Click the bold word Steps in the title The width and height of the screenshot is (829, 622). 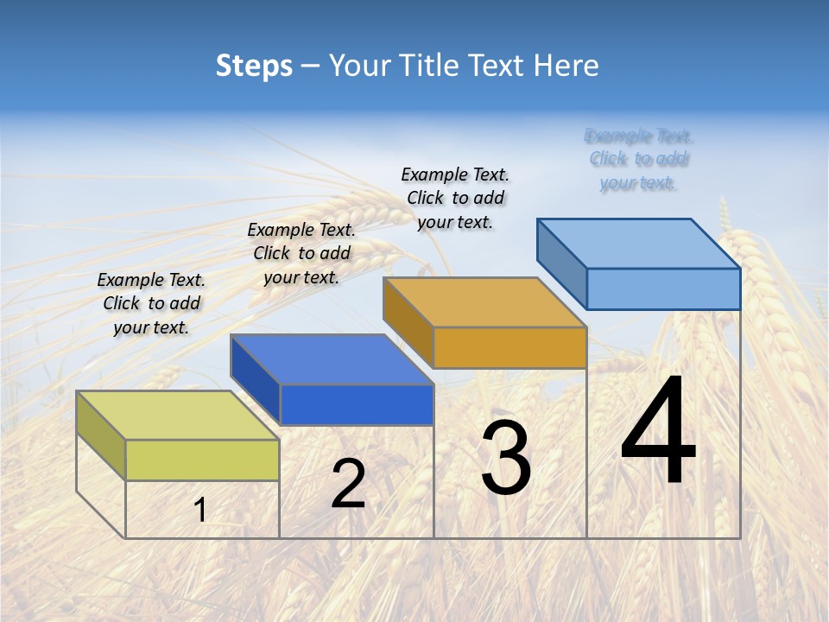(x=254, y=66)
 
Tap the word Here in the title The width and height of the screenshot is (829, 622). (x=566, y=66)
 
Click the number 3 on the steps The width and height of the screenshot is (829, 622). (x=506, y=458)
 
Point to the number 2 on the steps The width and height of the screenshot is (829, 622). (x=348, y=484)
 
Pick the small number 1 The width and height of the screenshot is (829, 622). (x=200, y=511)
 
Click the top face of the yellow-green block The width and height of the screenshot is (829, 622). (x=177, y=416)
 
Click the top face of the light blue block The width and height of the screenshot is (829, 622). (x=638, y=244)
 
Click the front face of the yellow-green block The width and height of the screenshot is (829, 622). (x=202, y=460)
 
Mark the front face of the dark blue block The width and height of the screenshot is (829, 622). (x=356, y=404)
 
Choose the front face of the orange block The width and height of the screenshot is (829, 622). (x=509, y=347)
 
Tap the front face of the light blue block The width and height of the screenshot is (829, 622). (x=663, y=289)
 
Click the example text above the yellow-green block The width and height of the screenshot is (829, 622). (x=151, y=303)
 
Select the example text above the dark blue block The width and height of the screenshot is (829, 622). (x=301, y=253)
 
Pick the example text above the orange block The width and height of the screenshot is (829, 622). (x=455, y=198)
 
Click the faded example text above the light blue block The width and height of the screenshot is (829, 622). (x=638, y=159)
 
